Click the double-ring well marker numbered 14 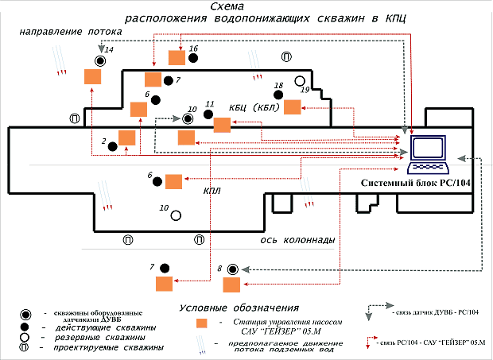point(101,61)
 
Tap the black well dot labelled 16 point(194,58)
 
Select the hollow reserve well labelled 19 point(300,81)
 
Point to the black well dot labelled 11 point(208,114)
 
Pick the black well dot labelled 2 point(113,145)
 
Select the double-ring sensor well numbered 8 point(233,269)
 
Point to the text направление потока point(72,34)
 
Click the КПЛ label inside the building point(212,190)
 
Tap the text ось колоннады point(297,240)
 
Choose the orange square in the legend point(202,323)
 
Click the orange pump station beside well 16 point(177,57)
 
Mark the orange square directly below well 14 point(93,76)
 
